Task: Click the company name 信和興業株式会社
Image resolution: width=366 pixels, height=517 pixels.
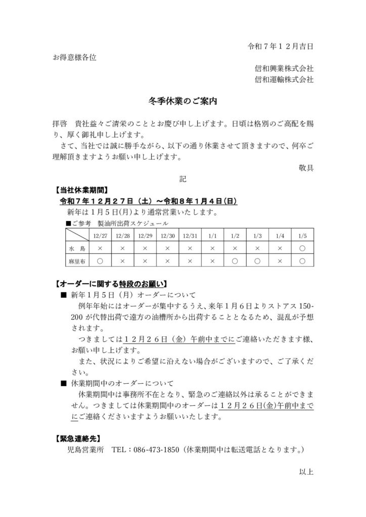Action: pos(284,68)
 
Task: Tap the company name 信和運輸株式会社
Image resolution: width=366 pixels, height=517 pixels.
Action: pos(284,79)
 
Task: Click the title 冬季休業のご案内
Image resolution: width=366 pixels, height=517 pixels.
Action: pos(182,101)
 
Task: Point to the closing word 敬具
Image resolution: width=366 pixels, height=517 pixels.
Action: pos(306,168)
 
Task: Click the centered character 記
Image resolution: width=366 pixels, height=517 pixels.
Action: pos(182,179)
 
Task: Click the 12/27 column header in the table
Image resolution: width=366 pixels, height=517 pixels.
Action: pos(100,236)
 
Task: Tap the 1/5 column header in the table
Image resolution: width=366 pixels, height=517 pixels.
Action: pos(302,236)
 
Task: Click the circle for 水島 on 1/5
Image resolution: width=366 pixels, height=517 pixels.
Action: pos(302,248)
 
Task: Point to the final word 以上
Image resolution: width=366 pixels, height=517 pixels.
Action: pos(306,472)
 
